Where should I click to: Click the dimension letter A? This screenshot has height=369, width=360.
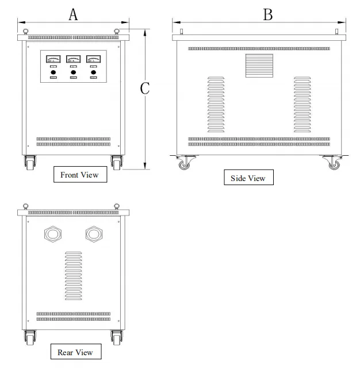(73, 14)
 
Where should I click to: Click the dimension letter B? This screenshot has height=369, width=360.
(267, 14)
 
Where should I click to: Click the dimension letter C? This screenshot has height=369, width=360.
(145, 88)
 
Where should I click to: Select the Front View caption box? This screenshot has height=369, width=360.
(79, 175)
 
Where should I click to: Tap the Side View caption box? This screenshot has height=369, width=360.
(248, 178)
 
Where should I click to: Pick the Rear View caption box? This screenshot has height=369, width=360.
(75, 352)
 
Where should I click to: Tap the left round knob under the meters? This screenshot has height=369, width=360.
(53, 72)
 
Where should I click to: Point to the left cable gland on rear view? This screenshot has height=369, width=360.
(53, 234)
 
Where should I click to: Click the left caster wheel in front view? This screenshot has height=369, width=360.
(29, 163)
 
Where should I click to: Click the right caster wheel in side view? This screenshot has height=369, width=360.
(333, 164)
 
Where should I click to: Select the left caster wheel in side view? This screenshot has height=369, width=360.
(184, 164)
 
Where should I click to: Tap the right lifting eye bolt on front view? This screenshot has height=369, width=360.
(117, 31)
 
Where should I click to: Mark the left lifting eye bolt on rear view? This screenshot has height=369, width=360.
(25, 206)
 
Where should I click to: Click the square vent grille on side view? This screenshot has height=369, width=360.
(256, 66)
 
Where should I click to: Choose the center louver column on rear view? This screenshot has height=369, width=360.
(73, 276)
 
